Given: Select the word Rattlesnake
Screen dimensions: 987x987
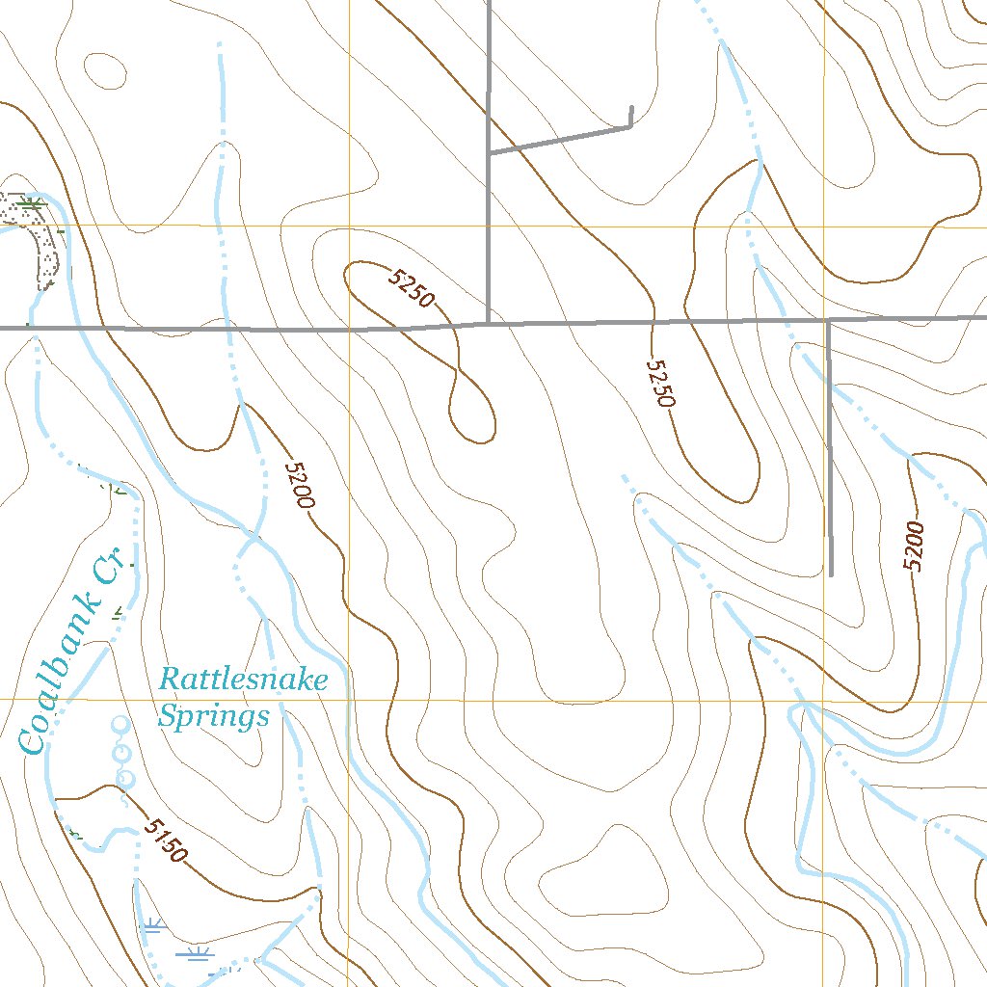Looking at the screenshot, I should pos(243,680).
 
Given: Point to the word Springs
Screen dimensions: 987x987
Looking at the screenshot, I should pos(213,717).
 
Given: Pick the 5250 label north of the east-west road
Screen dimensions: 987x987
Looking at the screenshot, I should pos(412,288).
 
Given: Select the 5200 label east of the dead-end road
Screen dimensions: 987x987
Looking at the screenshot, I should pos(914,546).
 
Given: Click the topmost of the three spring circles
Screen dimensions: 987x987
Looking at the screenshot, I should pos(120,724).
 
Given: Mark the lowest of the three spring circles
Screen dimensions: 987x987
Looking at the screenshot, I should pos(124,777).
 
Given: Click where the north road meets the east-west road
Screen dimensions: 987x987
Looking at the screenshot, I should pos(490,323).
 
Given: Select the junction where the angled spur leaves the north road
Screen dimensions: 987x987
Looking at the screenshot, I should pos(490,151).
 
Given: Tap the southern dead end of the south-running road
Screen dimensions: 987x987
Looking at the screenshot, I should pos(831,574).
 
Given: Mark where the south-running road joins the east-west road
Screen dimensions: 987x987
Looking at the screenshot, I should pos(829,319).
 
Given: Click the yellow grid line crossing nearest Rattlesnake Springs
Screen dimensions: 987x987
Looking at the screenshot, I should pos(348,699).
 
